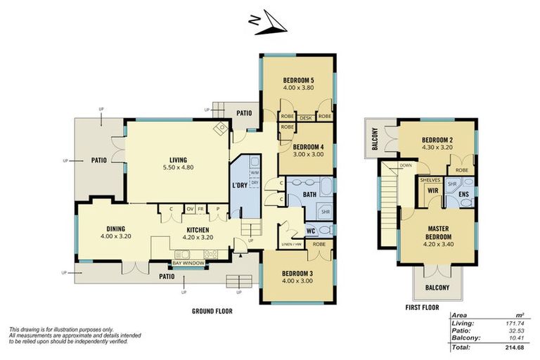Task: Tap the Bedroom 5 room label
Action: point(298,80)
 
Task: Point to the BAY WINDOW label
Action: point(187,264)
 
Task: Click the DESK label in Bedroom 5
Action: point(306,117)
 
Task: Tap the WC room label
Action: point(309,231)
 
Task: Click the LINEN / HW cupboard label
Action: point(292,243)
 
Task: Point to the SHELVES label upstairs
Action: point(430,180)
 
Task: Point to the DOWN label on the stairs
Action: point(406,166)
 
